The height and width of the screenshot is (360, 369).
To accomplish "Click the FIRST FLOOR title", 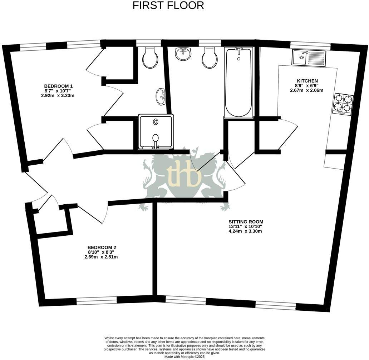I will [x=168, y=5].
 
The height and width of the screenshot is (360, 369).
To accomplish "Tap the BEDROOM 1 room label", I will [x=58, y=86].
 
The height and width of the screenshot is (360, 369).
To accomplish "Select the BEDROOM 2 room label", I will [x=102, y=247].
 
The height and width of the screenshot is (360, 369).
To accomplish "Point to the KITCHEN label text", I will [x=307, y=81].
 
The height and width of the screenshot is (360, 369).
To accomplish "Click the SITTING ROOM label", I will [x=246, y=221].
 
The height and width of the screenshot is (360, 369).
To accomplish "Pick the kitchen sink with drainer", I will [x=309, y=57].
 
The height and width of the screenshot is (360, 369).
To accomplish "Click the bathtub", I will [x=239, y=82].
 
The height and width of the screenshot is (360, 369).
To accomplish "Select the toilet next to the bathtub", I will [x=210, y=58].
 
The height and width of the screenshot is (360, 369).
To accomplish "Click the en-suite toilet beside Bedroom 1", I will [x=150, y=57].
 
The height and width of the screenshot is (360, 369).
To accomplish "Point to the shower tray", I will [x=156, y=132].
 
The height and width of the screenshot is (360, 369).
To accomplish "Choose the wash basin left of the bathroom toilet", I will [x=183, y=54].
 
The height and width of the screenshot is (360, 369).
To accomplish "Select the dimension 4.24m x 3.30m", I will [x=246, y=231].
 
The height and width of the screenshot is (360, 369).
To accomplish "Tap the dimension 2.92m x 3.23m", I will [x=58, y=96].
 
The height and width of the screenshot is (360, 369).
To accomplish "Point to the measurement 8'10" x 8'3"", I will [x=101, y=252].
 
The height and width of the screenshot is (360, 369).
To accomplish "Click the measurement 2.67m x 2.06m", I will [x=306, y=91].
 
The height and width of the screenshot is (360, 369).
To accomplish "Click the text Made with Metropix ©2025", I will [x=184, y=356].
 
